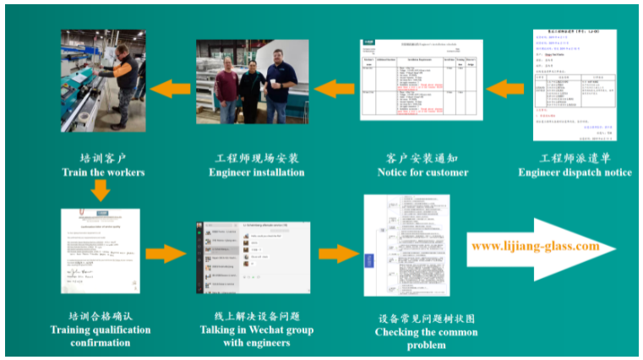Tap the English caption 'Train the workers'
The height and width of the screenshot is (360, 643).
coord(102,172)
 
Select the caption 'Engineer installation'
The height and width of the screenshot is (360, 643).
coord(256,172)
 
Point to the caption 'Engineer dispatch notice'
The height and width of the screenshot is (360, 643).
coord(575,172)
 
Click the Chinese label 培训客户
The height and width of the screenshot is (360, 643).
coord(103,158)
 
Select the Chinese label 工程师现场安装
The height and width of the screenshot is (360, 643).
coord(256,158)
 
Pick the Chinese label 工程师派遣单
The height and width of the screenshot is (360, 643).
coord(575,158)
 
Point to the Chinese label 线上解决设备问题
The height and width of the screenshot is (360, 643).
coord(256,315)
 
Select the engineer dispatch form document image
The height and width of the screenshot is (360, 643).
coord(575,85)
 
